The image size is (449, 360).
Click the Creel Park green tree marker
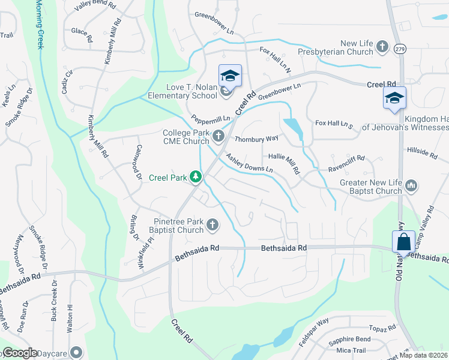[x=195, y=177]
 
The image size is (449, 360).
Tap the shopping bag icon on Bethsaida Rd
[x=404, y=242]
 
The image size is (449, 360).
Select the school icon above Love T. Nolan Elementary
[x=229, y=76]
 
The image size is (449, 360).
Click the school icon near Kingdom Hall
[x=394, y=98]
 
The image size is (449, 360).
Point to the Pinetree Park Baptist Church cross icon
[x=212, y=226]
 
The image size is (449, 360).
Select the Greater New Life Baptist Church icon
[x=411, y=187]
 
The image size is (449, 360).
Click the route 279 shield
[x=400, y=50]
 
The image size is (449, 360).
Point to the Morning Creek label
[x=40, y=24]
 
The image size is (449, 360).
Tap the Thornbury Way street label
[x=256, y=139]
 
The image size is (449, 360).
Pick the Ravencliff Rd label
[x=346, y=162]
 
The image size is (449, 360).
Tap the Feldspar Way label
[x=314, y=327]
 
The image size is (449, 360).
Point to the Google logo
[x=20, y=353]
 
